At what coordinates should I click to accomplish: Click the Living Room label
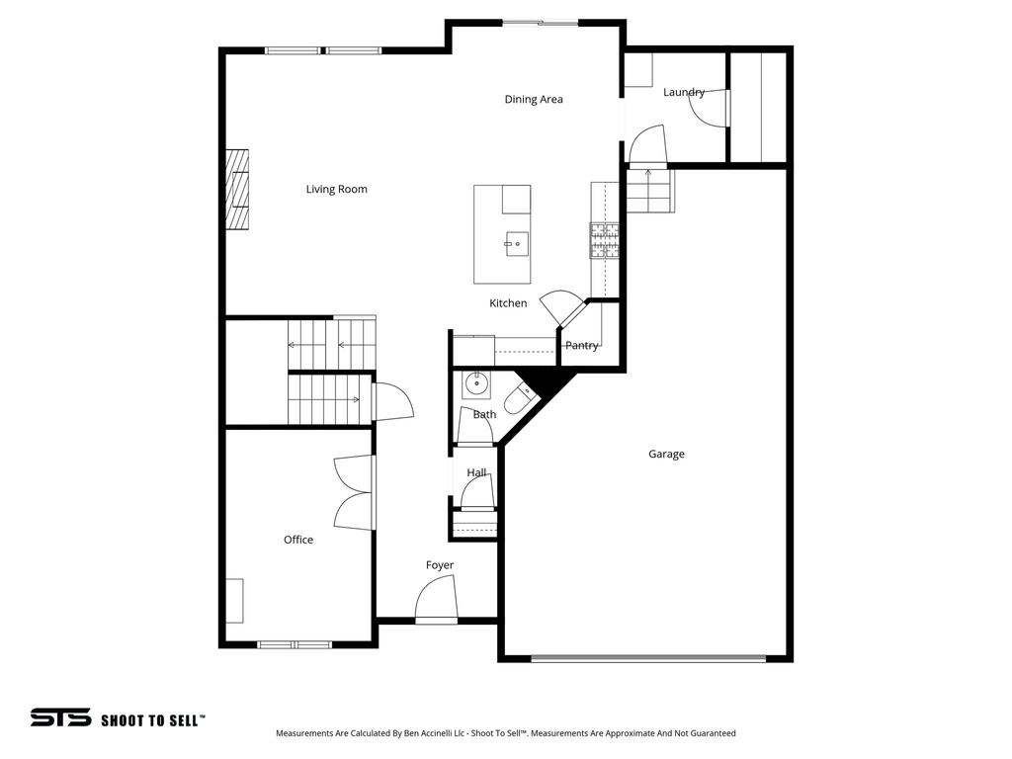(336, 189)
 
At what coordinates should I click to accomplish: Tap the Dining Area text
(534, 99)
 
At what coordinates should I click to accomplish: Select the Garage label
(666, 454)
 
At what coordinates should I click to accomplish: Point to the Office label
(298, 540)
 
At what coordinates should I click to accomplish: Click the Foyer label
(440, 565)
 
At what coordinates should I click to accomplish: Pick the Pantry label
(581, 346)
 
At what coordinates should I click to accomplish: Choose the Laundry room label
(684, 92)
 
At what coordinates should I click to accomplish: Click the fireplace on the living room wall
(236, 190)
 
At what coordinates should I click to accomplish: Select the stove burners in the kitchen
(604, 240)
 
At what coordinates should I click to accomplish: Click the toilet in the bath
(519, 399)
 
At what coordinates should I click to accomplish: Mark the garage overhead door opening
(647, 657)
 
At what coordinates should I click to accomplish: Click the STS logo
(60, 718)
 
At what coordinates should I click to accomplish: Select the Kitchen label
(508, 303)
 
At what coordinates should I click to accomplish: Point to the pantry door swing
(567, 306)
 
